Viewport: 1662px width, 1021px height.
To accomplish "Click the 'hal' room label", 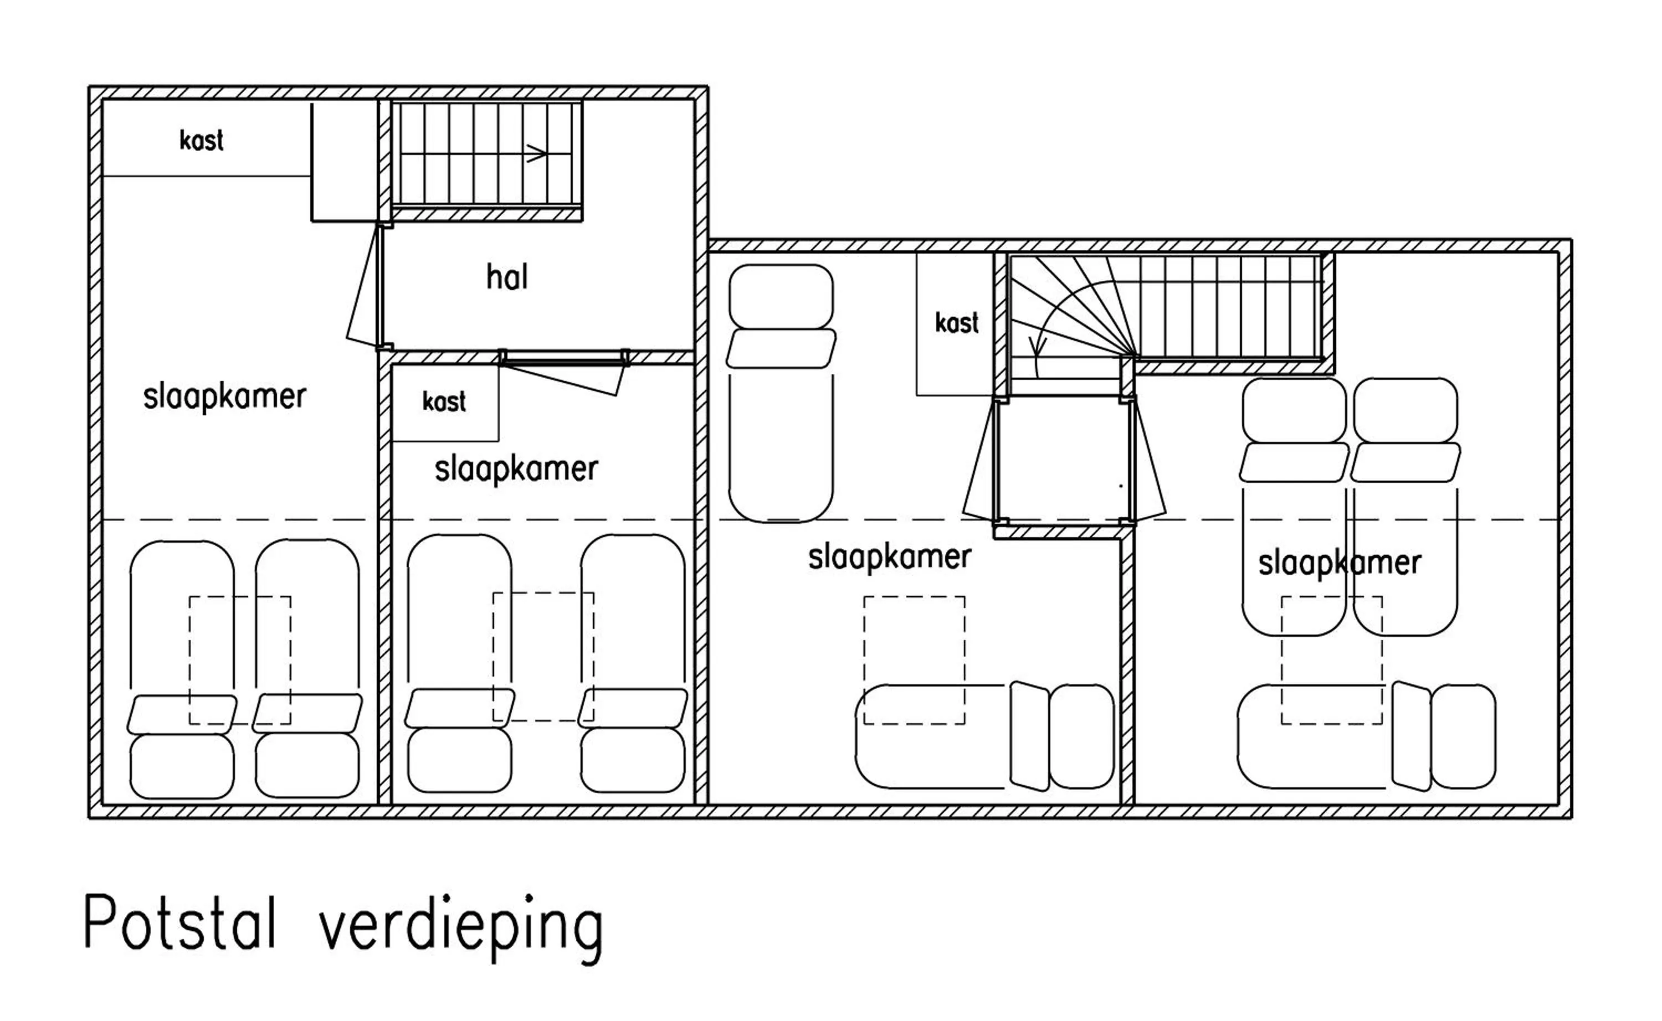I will [507, 277].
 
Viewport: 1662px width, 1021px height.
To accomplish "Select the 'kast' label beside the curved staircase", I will [957, 323].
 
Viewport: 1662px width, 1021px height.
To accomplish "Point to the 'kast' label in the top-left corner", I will [201, 141].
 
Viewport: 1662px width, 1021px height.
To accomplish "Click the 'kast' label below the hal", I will [444, 401].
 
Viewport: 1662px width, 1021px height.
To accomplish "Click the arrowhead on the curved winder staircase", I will [1037, 348].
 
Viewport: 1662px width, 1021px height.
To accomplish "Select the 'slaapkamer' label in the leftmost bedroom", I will [224, 396].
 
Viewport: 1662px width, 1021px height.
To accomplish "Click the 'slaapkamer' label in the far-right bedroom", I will [1339, 563].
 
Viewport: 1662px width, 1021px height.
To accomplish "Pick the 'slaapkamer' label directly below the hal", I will [516, 468].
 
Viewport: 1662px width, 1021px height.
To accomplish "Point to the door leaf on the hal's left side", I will [363, 283].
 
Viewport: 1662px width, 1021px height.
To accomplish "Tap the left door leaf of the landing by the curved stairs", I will [979, 459].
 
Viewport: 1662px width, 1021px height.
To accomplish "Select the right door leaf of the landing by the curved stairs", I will [1148, 459].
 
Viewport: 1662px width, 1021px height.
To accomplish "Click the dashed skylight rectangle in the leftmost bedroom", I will [240, 660].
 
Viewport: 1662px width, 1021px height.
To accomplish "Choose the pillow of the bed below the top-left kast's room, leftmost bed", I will [182, 714].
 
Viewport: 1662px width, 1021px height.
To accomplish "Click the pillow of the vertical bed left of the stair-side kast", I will [781, 348].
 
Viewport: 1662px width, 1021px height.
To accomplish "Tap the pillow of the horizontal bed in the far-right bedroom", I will [1410, 736].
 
